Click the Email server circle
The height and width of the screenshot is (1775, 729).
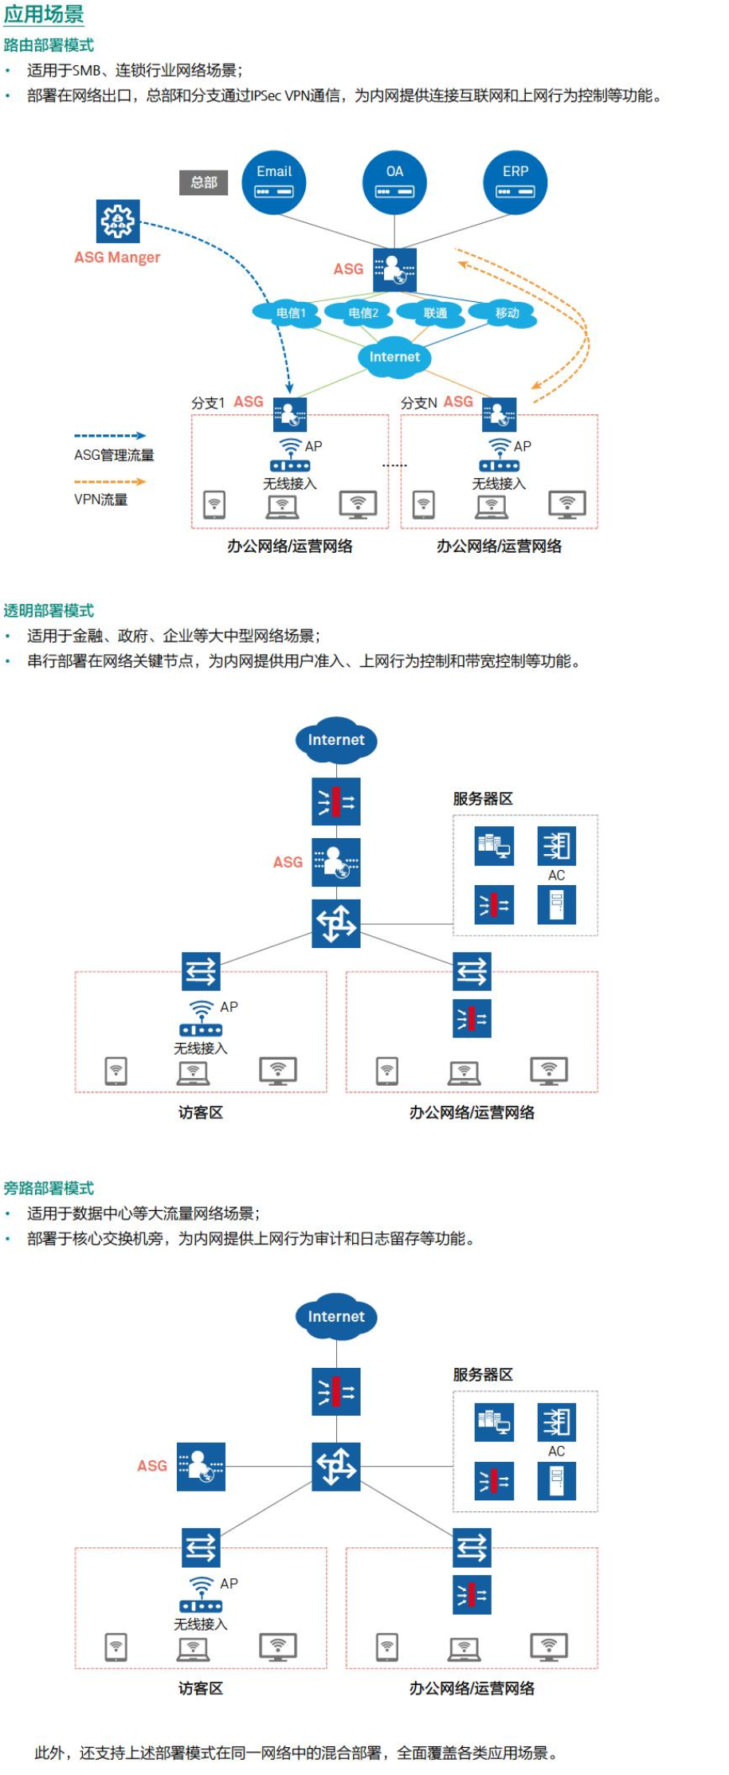click(274, 182)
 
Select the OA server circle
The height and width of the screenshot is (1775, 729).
click(394, 182)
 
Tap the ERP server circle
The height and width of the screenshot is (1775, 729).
click(515, 182)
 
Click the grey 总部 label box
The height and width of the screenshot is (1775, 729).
click(204, 182)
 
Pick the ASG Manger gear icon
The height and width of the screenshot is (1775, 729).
click(118, 221)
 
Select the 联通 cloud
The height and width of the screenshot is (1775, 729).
click(435, 313)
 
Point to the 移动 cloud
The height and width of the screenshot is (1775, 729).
click(507, 313)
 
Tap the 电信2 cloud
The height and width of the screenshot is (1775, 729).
click(363, 313)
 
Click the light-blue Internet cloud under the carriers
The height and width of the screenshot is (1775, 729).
click(394, 357)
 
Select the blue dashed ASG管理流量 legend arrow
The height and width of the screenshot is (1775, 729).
click(110, 436)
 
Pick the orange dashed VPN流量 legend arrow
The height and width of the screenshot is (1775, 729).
click(110, 481)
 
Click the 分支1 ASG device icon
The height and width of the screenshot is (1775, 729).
click(290, 413)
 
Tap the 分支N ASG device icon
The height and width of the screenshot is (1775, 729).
click(500, 413)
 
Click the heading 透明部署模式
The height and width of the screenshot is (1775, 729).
click(49, 611)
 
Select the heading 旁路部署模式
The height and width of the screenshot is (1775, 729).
click(49, 1188)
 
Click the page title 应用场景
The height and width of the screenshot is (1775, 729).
click(44, 14)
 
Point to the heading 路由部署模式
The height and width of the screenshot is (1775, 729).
click(49, 45)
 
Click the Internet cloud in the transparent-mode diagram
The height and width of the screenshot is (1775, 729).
click(336, 740)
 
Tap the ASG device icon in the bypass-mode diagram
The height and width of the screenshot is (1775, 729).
click(201, 1466)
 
